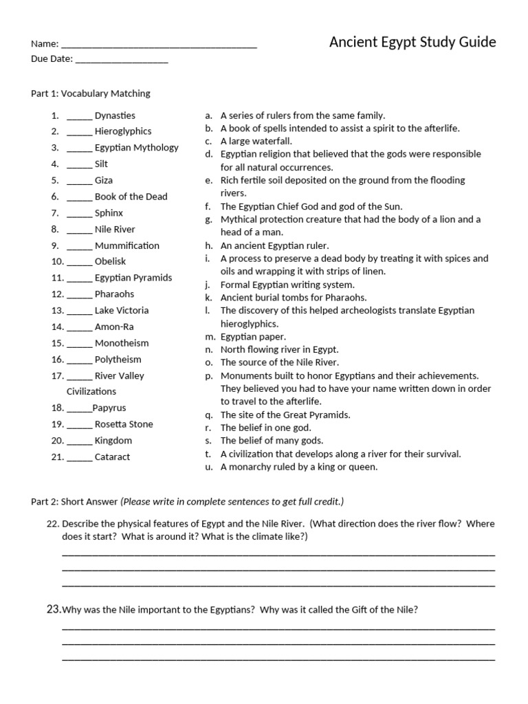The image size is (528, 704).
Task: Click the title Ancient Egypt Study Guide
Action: (412, 43)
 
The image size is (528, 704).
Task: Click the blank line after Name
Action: (159, 45)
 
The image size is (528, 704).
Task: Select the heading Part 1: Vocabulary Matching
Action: (90, 93)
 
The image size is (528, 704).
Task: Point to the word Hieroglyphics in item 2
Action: (123, 131)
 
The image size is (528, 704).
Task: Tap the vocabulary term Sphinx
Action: (109, 213)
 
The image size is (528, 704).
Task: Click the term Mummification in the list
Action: (126, 245)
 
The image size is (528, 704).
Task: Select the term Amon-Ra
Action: (114, 327)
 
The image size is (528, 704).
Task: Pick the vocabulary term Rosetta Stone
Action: (124, 424)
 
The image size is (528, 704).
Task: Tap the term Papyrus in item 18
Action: (109, 408)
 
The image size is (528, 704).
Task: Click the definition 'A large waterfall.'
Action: (256, 141)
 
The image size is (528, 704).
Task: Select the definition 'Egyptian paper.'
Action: (253, 337)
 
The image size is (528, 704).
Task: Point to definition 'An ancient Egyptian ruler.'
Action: (274, 245)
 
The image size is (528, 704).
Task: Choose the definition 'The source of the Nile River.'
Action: (279, 362)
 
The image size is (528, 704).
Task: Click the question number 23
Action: (54, 609)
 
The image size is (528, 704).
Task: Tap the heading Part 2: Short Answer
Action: (74, 501)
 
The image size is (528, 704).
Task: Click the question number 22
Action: (53, 524)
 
